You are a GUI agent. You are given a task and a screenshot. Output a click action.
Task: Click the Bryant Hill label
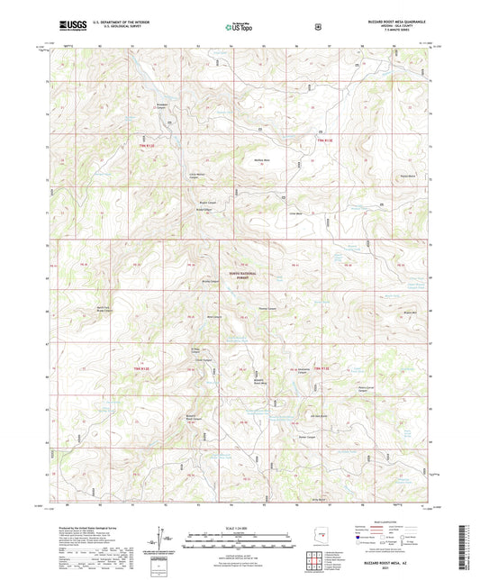click(x=408, y=313)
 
